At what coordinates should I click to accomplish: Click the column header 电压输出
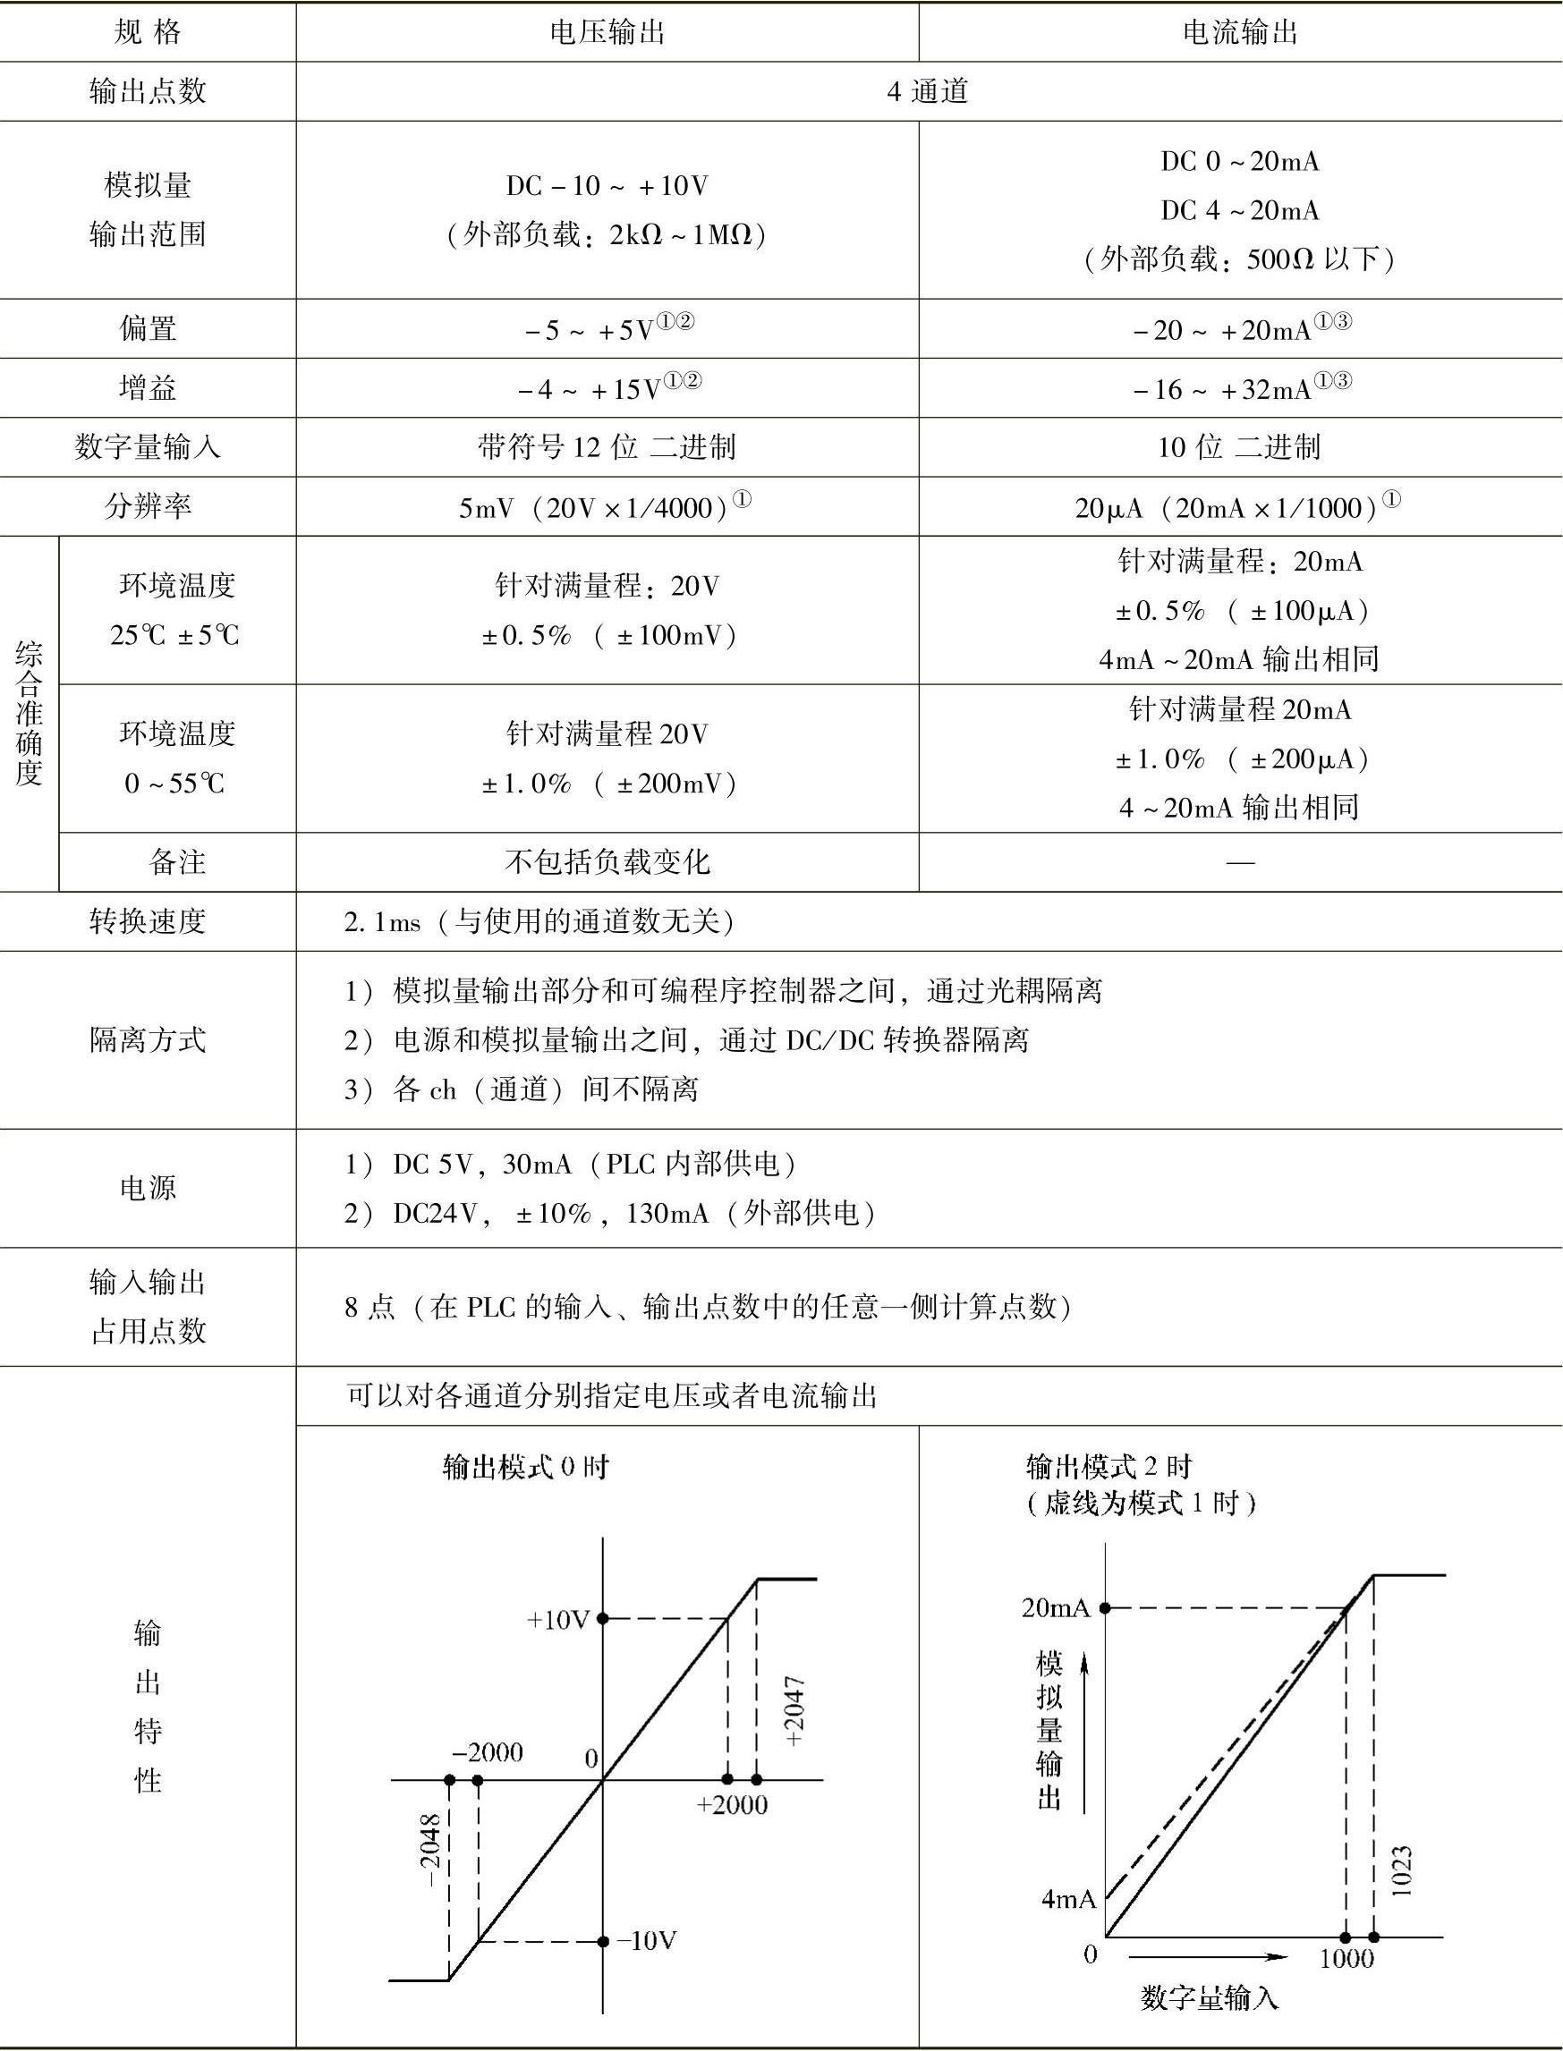(607, 32)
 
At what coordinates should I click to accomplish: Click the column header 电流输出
(1239, 32)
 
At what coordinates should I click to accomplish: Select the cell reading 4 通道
(928, 91)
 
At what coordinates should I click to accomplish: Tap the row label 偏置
(148, 328)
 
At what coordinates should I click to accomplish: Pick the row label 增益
(148, 388)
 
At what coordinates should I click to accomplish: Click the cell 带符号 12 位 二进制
(607, 447)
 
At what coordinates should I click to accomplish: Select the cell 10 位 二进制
(1239, 447)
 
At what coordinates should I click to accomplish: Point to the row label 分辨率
(148, 506)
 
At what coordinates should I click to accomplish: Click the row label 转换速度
(148, 921)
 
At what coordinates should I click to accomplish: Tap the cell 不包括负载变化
(607, 861)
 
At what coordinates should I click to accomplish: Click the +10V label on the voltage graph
(558, 1619)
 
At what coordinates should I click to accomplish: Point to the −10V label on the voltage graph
(647, 1940)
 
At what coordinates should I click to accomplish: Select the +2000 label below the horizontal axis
(732, 1804)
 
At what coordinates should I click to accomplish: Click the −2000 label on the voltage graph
(488, 1752)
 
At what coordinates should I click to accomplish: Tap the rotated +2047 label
(794, 1711)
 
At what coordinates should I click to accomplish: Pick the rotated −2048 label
(429, 1851)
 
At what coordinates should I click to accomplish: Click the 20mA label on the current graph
(1055, 1608)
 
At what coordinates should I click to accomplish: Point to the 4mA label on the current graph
(1068, 1898)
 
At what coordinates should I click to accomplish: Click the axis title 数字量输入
(1210, 1997)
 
